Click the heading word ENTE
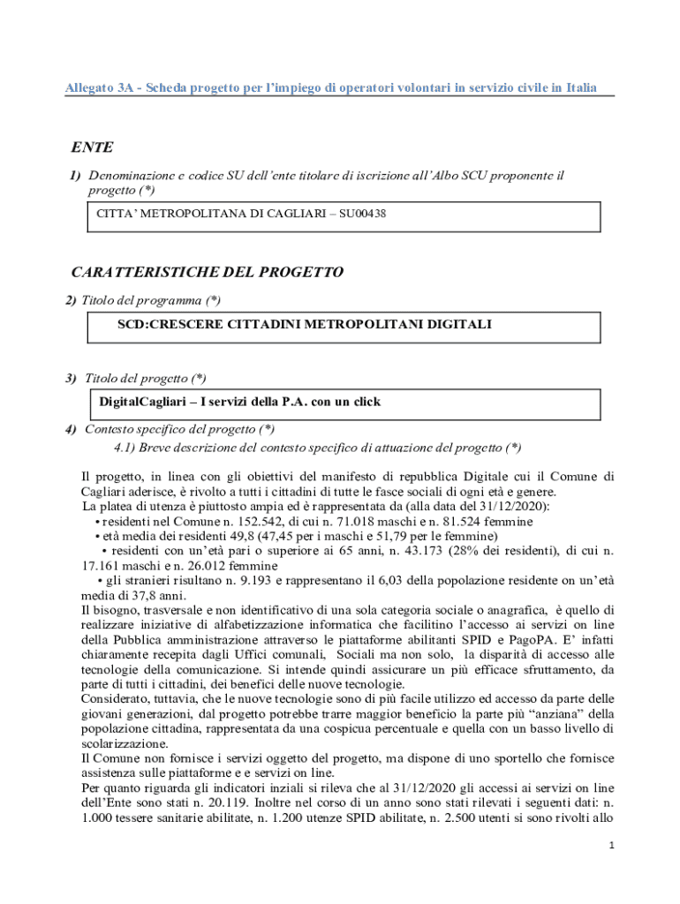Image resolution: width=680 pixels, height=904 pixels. point(93,147)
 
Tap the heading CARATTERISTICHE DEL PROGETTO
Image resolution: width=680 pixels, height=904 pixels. point(208,272)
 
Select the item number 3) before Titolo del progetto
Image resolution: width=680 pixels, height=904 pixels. point(71,379)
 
